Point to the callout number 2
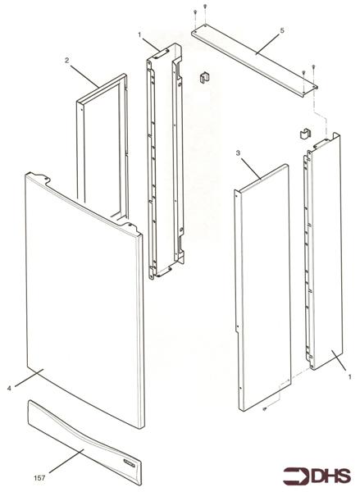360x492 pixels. tap(66, 60)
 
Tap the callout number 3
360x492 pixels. tap(237, 153)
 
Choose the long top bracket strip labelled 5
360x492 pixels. tap(254, 58)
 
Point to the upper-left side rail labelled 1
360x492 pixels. tap(164, 164)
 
